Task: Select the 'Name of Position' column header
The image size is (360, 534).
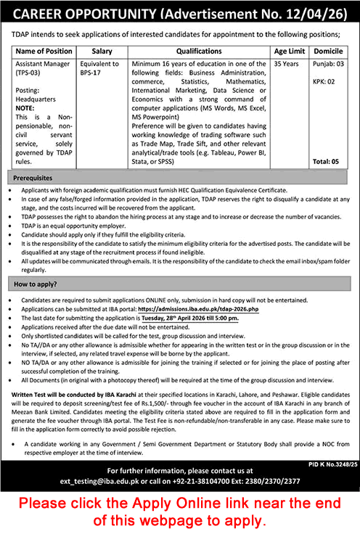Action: (x=44, y=52)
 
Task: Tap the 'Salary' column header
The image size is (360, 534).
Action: (x=102, y=52)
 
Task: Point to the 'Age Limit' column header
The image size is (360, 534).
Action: (x=290, y=52)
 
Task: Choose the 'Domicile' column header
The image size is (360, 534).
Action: (x=330, y=52)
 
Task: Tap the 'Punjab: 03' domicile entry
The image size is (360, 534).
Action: (x=330, y=64)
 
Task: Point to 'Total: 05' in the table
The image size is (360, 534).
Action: (x=330, y=162)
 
